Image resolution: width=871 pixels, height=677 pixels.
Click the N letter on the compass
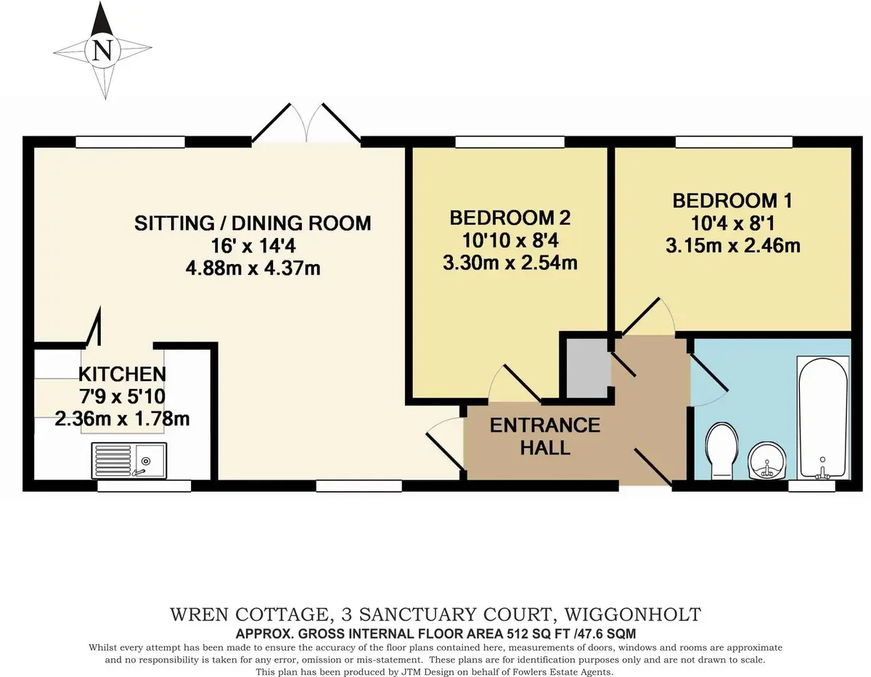tap(102, 52)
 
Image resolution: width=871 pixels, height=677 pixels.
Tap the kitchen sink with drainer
tap(128, 461)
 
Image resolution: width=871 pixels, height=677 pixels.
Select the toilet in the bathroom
tap(722, 451)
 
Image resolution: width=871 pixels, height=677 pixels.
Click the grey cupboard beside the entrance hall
tap(588, 368)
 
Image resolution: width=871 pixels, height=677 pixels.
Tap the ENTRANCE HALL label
tap(545, 436)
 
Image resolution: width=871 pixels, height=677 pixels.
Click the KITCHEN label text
tap(122, 374)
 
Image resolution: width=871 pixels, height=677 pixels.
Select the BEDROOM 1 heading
tap(732, 201)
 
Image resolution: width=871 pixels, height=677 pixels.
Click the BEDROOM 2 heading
tap(510, 218)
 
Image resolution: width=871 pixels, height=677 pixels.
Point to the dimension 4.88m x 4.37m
tap(253, 268)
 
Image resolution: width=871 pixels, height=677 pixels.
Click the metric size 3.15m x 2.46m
tap(732, 245)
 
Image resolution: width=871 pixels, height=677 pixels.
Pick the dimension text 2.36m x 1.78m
tap(122, 419)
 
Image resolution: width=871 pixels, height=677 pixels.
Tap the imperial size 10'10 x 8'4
tap(510, 240)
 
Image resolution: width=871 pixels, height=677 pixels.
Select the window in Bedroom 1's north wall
tap(734, 141)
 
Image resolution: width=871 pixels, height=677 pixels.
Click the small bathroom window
tap(811, 486)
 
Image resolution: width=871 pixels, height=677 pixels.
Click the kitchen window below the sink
tap(144, 486)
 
